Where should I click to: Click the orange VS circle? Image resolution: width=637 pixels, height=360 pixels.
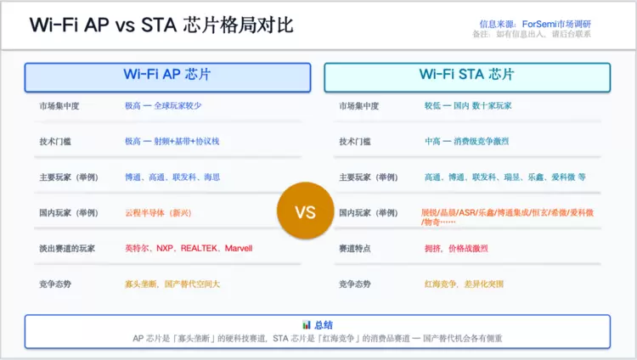tap(306, 211)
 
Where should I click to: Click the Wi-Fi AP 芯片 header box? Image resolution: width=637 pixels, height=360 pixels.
tap(168, 77)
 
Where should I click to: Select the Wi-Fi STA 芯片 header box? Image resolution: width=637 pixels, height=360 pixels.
tap(467, 77)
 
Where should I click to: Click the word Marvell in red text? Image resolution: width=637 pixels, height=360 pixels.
tap(239, 248)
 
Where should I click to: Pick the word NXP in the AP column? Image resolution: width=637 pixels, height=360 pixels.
tap(165, 248)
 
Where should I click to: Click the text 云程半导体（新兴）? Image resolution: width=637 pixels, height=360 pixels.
tap(158, 213)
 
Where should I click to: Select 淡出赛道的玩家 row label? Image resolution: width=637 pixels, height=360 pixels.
tap(67, 248)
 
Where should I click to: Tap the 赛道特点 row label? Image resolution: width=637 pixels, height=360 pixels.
tap(355, 248)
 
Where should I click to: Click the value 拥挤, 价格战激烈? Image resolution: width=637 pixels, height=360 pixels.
tap(456, 248)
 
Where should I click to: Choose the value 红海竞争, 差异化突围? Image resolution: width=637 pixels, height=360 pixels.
tap(464, 284)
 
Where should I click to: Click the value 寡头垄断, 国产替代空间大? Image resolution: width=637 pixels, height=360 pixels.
tap(172, 284)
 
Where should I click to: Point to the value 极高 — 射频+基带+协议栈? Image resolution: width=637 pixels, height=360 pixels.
tap(172, 142)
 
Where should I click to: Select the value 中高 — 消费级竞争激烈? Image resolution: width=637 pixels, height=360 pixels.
tap(467, 142)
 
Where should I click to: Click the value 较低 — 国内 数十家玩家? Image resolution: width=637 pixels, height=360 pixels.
tap(468, 106)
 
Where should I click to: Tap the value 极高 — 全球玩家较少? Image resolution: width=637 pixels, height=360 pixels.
tap(163, 106)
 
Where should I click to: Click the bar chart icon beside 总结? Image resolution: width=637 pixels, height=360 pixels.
tap(307, 324)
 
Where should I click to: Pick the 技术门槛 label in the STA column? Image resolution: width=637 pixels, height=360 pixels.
tap(355, 142)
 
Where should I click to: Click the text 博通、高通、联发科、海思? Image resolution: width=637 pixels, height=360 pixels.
tap(172, 177)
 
